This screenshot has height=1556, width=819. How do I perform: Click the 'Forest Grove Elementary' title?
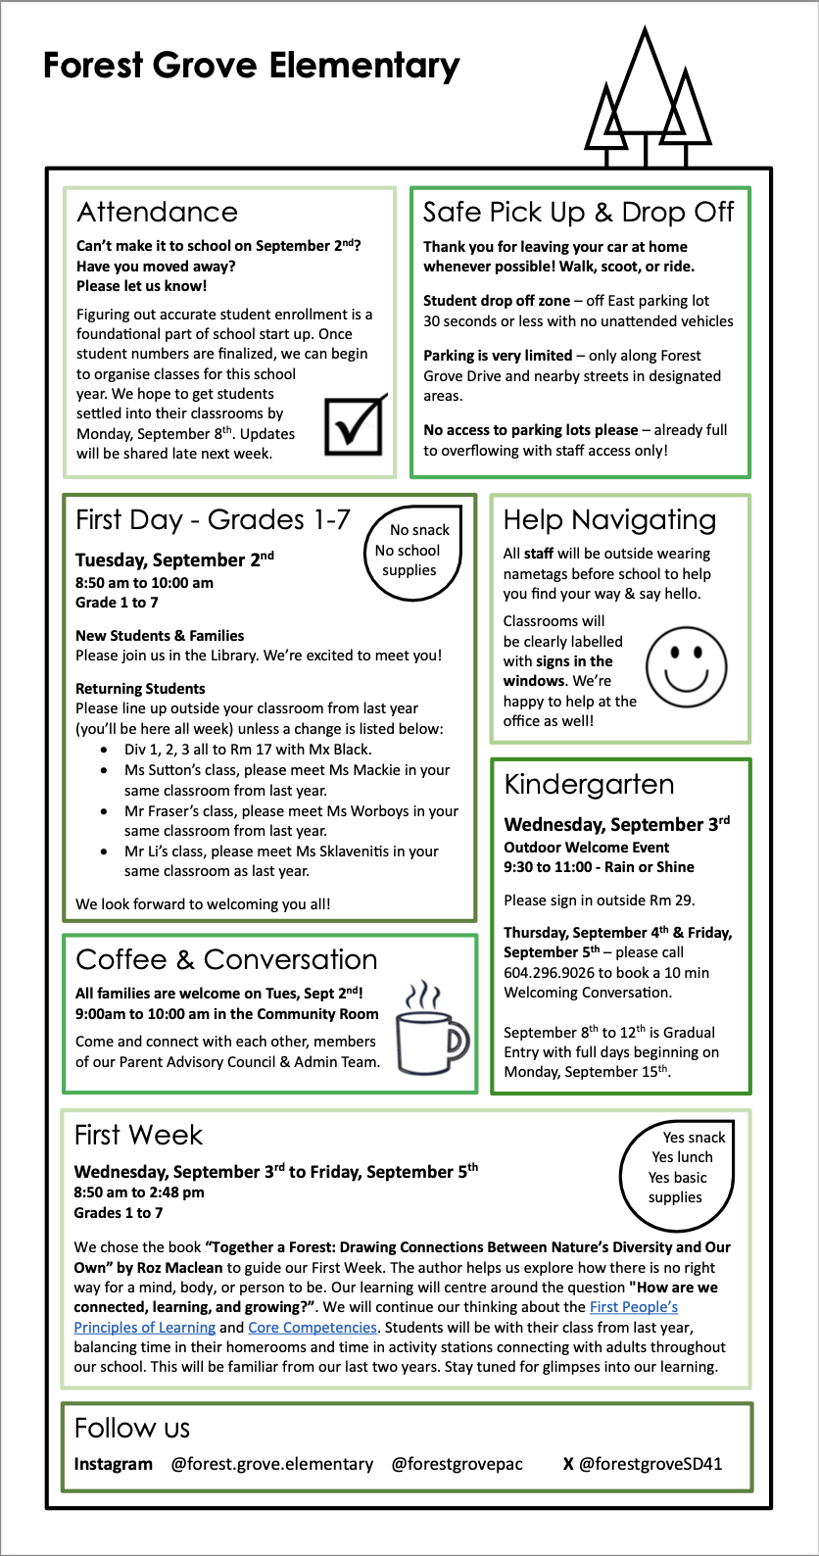pyautogui.click(x=252, y=66)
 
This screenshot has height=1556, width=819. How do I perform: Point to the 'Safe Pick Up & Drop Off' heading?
pyautogui.click(x=578, y=212)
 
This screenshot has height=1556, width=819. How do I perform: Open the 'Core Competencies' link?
pyautogui.click(x=313, y=1327)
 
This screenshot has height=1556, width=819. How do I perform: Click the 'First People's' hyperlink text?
pyautogui.click(x=634, y=1307)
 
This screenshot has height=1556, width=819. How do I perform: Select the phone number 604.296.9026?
pyautogui.click(x=552, y=973)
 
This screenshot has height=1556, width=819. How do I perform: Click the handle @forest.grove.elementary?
pyautogui.click(x=272, y=1464)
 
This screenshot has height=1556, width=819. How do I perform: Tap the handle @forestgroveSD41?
pyautogui.click(x=650, y=1464)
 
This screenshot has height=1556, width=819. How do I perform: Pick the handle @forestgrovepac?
pyautogui.click(x=457, y=1464)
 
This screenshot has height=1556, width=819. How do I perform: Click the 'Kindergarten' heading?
pyautogui.click(x=589, y=784)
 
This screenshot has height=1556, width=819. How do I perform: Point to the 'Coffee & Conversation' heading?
pyautogui.click(x=226, y=959)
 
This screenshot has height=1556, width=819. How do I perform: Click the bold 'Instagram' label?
pyautogui.click(x=114, y=1464)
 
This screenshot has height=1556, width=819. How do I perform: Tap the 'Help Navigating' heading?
pyautogui.click(x=609, y=519)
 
